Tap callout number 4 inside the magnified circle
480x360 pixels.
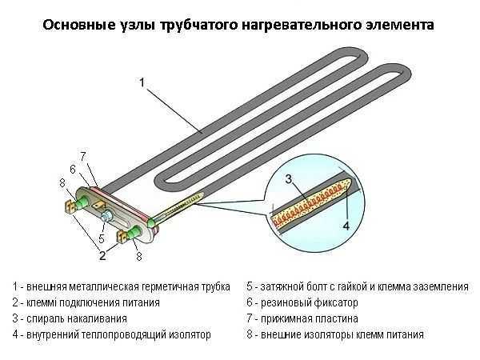(x=346, y=226)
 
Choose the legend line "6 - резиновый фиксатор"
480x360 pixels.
(x=302, y=303)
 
